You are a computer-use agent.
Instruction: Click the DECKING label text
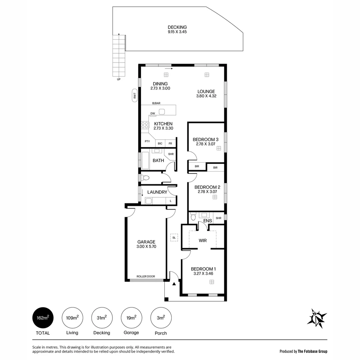tap(177, 27)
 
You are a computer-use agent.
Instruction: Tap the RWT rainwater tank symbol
tap(135, 96)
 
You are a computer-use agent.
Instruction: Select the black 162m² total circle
tap(43, 318)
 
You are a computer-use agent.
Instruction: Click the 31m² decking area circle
tap(102, 318)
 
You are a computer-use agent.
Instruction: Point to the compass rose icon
tap(317, 318)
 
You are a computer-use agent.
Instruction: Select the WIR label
tap(203, 240)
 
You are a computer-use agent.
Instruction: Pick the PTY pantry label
tap(147, 141)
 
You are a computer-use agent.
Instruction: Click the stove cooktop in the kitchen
tap(145, 125)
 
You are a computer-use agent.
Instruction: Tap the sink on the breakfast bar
tap(162, 111)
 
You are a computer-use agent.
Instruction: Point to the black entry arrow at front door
tap(174, 284)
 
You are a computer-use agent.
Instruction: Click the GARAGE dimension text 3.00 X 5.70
tap(146, 247)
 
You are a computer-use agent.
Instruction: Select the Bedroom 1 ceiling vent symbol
tap(211, 282)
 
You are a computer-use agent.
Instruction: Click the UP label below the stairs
tap(119, 79)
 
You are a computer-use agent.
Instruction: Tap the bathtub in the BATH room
tap(146, 160)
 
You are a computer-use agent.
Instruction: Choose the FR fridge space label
tap(170, 143)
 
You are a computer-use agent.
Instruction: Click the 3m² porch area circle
tap(161, 318)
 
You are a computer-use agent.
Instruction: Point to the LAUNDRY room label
tap(157, 192)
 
